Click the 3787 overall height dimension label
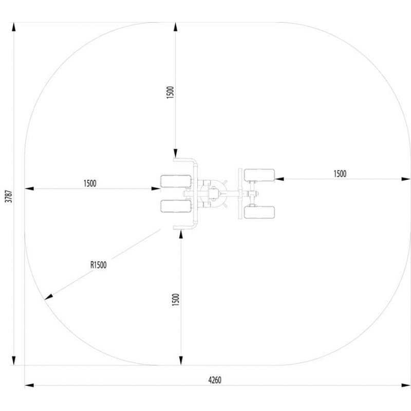pyautogui.click(x=9, y=196)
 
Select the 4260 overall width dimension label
pyautogui.click(x=215, y=380)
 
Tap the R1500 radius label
pyautogui.click(x=99, y=265)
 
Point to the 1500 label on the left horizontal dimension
pyautogui.click(x=90, y=183)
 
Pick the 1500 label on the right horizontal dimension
pyautogui.click(x=340, y=174)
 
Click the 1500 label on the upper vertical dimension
pyautogui.click(x=171, y=92)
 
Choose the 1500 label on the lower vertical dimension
pyautogui.click(x=176, y=300)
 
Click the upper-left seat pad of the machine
pyautogui.click(x=176, y=181)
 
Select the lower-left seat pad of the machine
pyautogui.click(x=176, y=207)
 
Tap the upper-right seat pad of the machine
pyautogui.click(x=259, y=175)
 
